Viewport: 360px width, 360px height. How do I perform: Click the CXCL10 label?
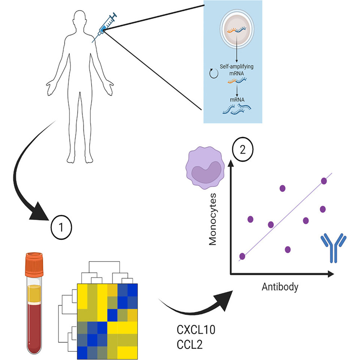coord(196,331)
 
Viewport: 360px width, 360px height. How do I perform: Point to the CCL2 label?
coord(189,344)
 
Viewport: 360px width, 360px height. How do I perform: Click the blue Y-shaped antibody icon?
coord(333,248)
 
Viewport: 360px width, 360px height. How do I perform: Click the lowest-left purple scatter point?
coord(242,256)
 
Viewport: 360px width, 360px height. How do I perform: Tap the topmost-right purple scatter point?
coord(324,181)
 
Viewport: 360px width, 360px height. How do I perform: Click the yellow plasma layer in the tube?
coord(33,291)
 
